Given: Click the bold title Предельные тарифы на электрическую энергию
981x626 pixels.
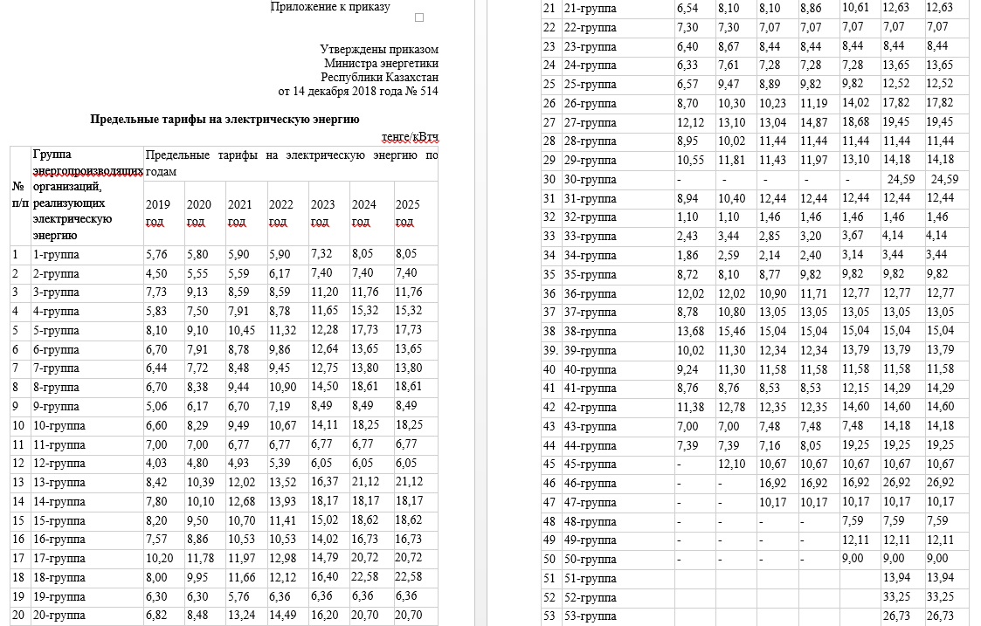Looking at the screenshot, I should pos(225,120).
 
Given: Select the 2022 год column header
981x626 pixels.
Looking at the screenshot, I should pos(280,213).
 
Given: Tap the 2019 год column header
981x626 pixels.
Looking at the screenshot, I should pos(158,213).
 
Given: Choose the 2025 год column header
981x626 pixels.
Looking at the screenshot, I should pos(408,213).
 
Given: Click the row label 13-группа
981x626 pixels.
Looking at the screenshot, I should pos(59,482).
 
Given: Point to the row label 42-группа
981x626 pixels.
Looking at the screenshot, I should pos(591,407).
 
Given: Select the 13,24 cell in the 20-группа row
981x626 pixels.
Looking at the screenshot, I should pos(240,615).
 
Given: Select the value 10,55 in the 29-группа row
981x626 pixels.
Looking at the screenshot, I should pos(692,160).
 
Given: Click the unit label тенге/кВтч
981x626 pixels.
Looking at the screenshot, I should pos(410,136).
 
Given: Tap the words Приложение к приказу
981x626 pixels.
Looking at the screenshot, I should pos(330,7).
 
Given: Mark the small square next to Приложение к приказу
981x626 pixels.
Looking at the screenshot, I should pos(419,17).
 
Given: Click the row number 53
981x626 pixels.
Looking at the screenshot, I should pos(549,616).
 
